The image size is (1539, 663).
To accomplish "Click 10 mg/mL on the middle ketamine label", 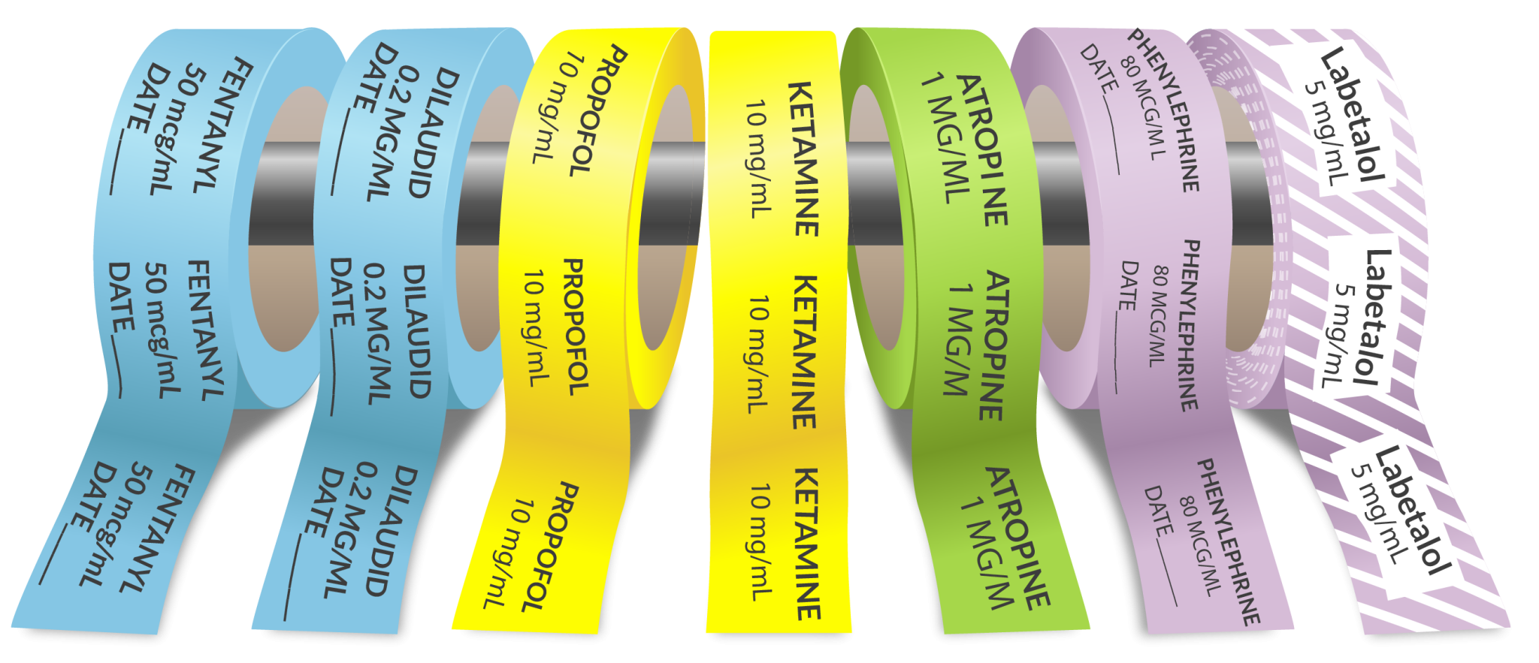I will coord(760,353).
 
